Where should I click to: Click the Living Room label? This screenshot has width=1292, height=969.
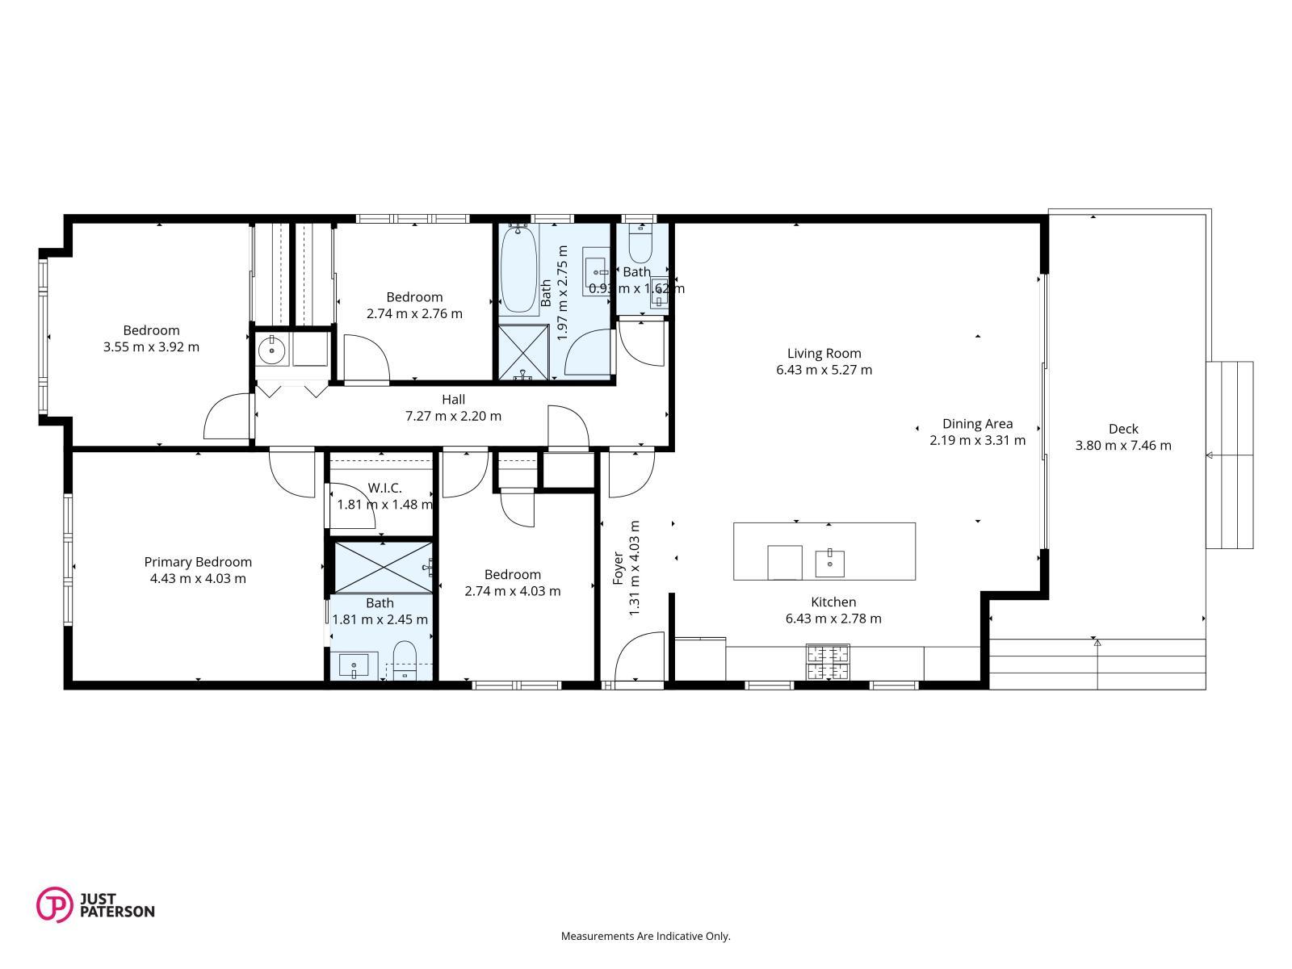coord(824,353)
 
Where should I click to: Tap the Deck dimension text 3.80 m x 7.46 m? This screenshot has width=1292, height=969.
coord(1122,446)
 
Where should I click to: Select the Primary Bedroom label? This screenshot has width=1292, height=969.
coord(198,562)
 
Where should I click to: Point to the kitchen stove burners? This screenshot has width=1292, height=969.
coord(828,662)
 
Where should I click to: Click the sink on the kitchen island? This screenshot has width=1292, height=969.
coord(829,563)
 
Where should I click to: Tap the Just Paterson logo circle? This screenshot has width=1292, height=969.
coord(54,904)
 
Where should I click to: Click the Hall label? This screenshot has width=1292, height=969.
coord(453,400)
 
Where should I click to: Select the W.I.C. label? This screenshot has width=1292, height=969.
coord(384,488)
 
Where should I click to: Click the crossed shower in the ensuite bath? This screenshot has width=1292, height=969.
coord(384,567)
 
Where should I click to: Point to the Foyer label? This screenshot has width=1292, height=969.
coord(618,568)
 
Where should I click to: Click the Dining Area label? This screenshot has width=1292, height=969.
coord(977,424)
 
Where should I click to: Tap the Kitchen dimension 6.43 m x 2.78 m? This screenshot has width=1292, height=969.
coord(833,619)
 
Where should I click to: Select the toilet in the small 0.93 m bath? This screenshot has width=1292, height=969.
coord(640,244)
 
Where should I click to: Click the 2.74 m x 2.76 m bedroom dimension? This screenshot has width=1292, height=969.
coord(414,313)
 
